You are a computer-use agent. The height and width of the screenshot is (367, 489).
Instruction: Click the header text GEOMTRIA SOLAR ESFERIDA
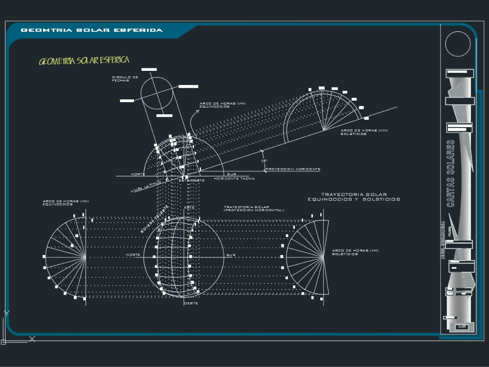92,30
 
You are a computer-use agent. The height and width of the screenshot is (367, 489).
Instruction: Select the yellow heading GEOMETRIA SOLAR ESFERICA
84,61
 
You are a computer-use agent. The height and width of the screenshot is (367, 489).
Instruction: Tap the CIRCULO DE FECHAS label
125,79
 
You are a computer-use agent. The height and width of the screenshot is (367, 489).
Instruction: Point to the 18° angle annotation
264,161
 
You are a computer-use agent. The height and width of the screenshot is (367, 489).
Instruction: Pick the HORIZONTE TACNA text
234,178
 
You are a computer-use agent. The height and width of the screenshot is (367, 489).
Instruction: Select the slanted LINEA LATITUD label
146,187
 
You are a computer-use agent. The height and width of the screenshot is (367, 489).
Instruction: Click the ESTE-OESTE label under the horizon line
191,180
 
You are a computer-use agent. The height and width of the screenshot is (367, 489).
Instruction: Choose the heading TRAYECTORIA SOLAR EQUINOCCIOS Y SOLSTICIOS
354,197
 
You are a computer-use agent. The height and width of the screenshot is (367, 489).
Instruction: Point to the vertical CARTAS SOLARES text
451,174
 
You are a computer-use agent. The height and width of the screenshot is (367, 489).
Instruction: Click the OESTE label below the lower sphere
191,303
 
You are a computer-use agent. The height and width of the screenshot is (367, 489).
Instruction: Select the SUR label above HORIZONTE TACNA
231,174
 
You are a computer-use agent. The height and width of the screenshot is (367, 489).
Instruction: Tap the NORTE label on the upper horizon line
138,174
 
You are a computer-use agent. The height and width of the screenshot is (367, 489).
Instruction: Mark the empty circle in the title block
458,44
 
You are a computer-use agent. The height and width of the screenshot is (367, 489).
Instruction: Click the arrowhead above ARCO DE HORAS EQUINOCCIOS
198,111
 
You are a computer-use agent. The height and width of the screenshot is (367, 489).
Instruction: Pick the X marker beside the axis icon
32,338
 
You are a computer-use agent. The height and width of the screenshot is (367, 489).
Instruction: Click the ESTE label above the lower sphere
189,208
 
